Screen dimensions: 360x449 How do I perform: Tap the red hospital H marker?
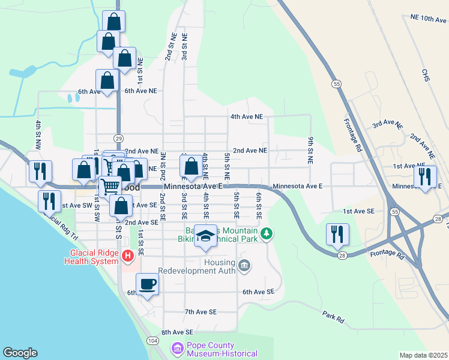pyautogui.click(x=127, y=257)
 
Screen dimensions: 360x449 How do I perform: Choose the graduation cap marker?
pyautogui.click(x=205, y=236)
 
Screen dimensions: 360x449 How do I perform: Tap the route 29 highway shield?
pyautogui.click(x=119, y=137)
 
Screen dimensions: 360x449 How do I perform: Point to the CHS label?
pyautogui.click(x=426, y=76)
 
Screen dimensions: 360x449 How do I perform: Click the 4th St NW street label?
pyautogui.click(x=38, y=135)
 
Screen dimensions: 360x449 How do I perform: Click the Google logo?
pyautogui.click(x=20, y=353)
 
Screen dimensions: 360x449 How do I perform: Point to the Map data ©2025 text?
pyautogui.click(x=423, y=355)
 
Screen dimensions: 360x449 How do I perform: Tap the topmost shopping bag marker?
pyautogui.click(x=113, y=22)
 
